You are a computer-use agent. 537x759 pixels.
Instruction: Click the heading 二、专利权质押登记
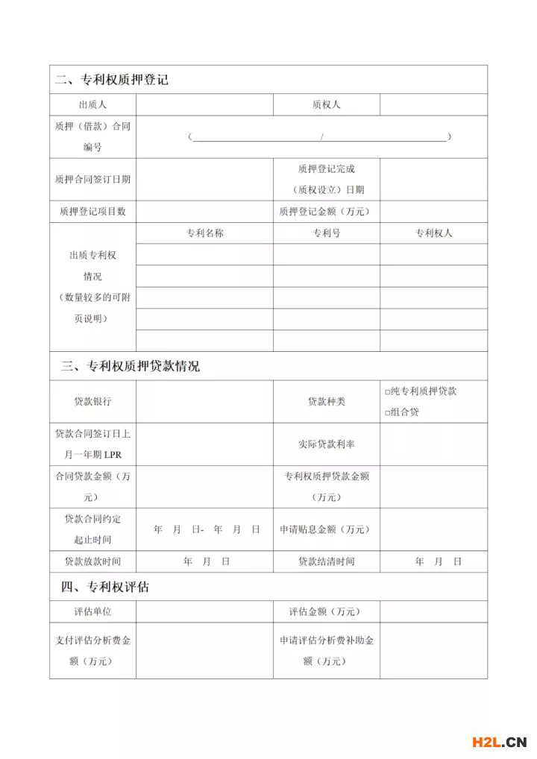click(x=112, y=79)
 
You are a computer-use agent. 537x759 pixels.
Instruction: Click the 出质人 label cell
click(x=92, y=105)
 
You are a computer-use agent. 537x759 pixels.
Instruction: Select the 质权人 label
click(x=326, y=105)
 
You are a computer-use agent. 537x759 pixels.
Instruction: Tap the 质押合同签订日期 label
click(x=92, y=180)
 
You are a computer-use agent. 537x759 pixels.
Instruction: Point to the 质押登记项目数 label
click(x=92, y=212)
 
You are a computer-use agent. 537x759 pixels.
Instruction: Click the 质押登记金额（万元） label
click(x=325, y=212)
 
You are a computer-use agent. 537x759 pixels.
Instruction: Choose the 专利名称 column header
click(x=204, y=233)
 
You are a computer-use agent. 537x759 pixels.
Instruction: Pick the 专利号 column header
click(x=326, y=233)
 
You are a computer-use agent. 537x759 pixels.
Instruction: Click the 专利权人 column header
click(x=433, y=233)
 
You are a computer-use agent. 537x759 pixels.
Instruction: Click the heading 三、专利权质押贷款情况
click(x=131, y=366)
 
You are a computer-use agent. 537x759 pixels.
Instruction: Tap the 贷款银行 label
click(x=92, y=401)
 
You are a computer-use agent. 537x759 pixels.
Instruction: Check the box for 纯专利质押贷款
click(x=388, y=391)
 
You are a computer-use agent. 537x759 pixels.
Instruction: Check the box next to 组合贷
click(x=388, y=412)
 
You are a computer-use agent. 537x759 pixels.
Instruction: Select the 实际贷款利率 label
click(x=326, y=444)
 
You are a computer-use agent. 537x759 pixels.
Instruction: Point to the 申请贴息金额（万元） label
click(x=325, y=529)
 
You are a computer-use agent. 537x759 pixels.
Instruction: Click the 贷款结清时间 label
click(x=326, y=561)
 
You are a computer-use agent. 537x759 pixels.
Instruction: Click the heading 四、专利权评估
click(x=105, y=587)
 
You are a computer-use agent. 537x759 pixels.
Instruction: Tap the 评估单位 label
click(x=92, y=612)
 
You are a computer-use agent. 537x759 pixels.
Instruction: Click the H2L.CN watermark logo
click(x=499, y=741)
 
